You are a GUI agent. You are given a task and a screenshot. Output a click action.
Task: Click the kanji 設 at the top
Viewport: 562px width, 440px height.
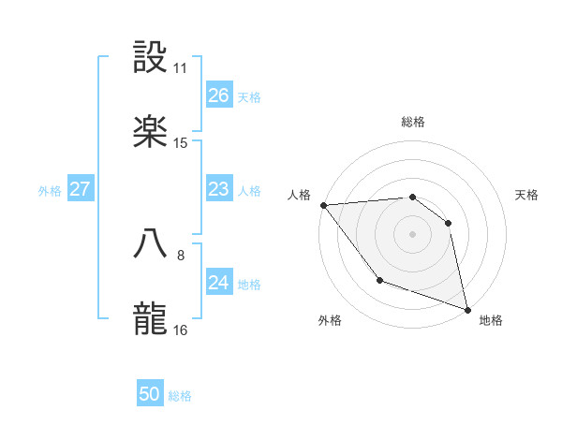[x=151, y=58]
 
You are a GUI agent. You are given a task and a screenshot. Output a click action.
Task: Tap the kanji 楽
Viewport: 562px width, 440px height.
[x=151, y=133]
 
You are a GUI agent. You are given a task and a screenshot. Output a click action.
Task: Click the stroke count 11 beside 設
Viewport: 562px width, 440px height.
[x=181, y=68]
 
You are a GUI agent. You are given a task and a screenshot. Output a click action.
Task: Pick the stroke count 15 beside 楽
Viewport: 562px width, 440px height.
[x=181, y=143]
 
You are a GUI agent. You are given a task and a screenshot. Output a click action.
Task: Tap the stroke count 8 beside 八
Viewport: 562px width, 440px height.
[x=181, y=254]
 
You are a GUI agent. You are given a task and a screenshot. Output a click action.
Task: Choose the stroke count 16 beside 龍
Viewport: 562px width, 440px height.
[x=181, y=330]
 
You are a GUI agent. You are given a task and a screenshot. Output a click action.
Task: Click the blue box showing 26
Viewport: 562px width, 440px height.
[x=218, y=95]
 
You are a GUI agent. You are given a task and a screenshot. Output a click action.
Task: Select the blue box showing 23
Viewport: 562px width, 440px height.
[x=218, y=190]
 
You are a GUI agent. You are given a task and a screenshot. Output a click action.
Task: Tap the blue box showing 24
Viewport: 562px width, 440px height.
[x=218, y=284]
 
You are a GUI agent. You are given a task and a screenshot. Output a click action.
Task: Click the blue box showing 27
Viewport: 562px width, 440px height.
[x=80, y=190]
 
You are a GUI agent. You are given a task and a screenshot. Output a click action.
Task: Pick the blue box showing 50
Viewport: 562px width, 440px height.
[x=150, y=395]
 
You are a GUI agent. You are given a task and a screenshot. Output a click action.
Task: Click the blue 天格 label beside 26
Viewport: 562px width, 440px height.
[x=249, y=96]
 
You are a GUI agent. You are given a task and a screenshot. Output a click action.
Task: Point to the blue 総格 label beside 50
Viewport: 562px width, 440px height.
[x=180, y=396]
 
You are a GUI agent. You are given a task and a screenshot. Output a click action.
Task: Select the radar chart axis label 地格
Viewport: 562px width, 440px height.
[x=491, y=320]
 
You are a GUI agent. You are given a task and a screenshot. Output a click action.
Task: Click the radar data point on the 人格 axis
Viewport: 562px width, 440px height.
[x=323, y=205]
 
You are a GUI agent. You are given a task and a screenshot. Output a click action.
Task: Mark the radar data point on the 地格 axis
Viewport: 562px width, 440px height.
[x=466, y=308]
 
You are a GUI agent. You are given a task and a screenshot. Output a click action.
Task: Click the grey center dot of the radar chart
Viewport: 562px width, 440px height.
[x=412, y=233]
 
